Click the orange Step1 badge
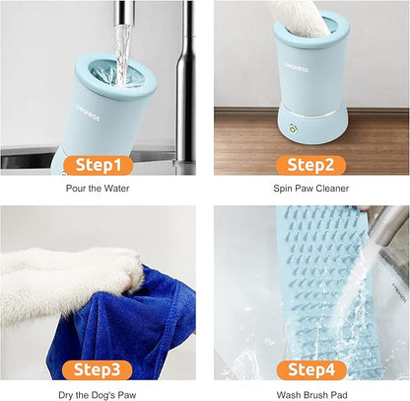pos(101,165)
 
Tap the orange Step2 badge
pos(310,165)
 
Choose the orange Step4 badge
pos(310,370)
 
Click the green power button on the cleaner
pos(291,127)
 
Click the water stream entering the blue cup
pos(122,49)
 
